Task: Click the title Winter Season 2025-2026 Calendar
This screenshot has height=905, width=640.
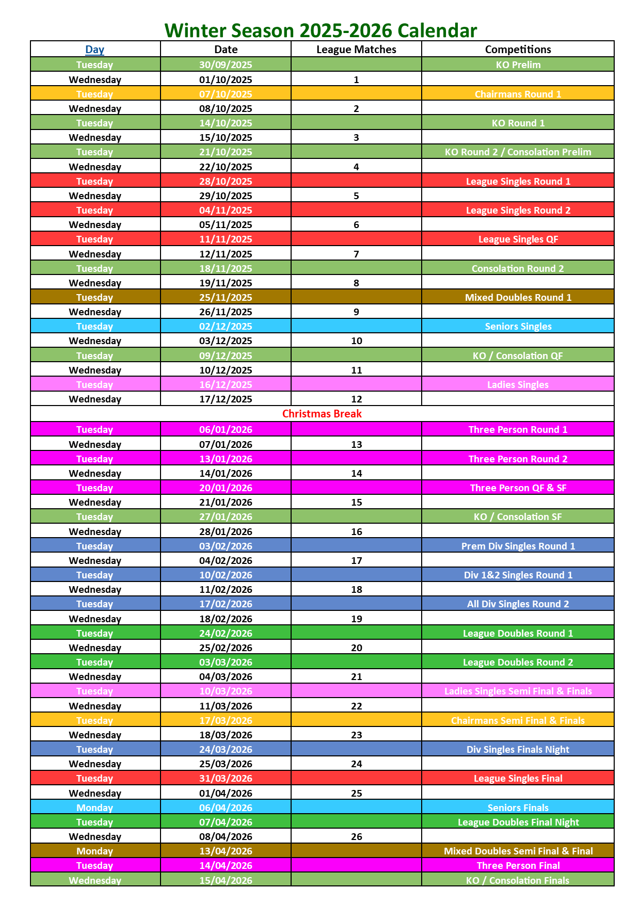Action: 321,30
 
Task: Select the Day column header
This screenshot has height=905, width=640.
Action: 95,50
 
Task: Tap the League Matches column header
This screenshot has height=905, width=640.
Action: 356,50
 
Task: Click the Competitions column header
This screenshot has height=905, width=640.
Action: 518,50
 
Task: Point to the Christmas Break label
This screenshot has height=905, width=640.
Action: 322,414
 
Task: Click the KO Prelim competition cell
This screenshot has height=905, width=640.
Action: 518,64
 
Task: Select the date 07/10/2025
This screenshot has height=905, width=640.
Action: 226,94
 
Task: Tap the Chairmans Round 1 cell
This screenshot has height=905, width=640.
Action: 518,94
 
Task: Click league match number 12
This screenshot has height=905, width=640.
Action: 356,399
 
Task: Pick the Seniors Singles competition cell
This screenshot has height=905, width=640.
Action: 518,326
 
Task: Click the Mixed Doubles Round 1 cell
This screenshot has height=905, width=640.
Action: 518,297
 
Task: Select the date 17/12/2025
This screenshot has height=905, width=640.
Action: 226,399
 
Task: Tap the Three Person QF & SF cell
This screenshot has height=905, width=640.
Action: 518,488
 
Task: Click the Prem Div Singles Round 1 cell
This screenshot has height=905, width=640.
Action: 518,546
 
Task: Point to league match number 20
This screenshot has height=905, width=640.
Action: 356,648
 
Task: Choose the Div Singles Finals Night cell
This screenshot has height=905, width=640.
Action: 518,749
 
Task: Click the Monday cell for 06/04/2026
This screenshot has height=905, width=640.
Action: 95,807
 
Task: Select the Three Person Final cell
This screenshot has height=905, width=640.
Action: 518,865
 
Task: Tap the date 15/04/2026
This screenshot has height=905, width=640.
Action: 226,880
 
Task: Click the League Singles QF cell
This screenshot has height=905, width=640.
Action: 518,239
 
